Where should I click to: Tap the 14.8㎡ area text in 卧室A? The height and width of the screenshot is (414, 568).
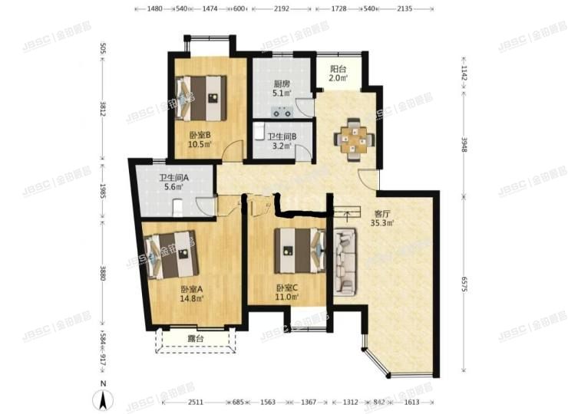pos(192,299)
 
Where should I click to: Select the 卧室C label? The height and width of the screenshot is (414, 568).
pos(287,289)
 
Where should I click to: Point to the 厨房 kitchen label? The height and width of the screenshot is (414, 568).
pos(282,84)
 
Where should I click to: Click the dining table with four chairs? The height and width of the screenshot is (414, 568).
pos(355,138)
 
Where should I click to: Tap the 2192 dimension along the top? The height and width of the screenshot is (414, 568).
pos(281,8)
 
